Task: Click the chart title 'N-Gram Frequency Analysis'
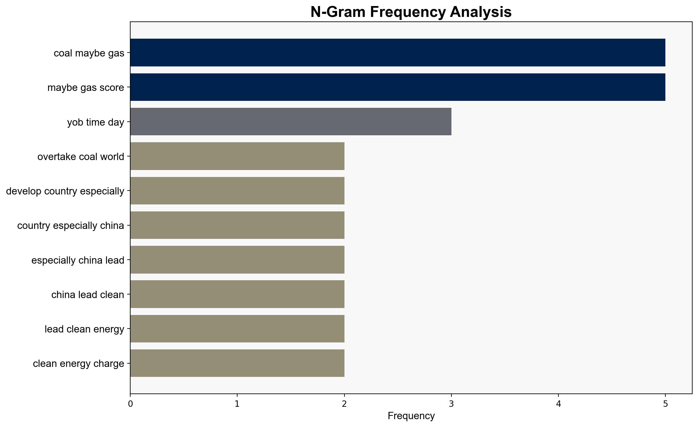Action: (411, 12)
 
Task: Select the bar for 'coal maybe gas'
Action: (398, 53)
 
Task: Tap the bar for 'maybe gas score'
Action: (398, 87)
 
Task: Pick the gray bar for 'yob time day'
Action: (291, 122)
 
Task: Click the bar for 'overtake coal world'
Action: (237, 156)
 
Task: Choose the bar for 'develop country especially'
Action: (237, 191)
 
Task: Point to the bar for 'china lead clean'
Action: (237, 294)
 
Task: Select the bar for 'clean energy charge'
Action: (237, 363)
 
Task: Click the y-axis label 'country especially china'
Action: (71, 226)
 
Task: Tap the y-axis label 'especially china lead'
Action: (78, 260)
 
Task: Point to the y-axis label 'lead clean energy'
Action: (85, 329)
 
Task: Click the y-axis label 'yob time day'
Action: (96, 122)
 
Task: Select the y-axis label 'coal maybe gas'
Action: (89, 53)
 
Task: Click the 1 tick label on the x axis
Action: (237, 404)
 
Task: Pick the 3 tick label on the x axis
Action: (451, 404)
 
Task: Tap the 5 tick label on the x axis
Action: (665, 404)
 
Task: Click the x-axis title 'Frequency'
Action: (411, 416)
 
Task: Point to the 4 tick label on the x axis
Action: (558, 404)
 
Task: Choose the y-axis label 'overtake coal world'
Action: (81, 157)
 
